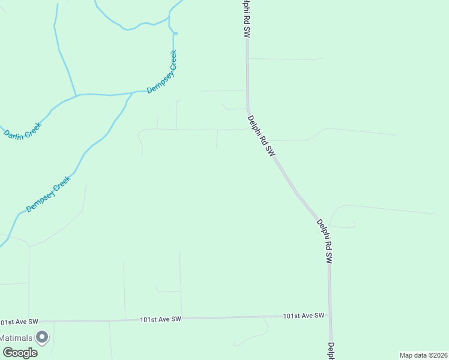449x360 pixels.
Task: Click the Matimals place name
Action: pos(17,338)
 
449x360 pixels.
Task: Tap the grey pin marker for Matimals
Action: pos(42,337)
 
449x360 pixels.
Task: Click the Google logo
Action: pos(20,353)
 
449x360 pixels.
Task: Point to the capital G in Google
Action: pos(7,353)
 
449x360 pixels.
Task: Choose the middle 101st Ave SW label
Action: pos(160,319)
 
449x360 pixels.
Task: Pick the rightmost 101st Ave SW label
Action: pos(304,316)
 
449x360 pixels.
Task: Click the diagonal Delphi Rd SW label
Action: pos(262,136)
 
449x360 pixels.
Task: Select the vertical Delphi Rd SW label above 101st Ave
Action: pos(324,241)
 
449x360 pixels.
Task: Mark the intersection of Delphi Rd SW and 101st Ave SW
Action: pos(330,316)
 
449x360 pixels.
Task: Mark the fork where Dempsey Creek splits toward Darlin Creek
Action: pos(76,95)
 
